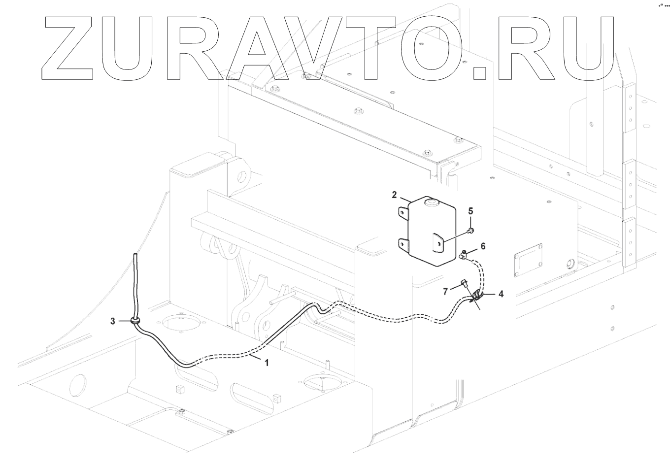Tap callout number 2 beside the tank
click(394, 195)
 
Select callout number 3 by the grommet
click(113, 321)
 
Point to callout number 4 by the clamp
click(501, 295)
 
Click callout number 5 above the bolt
click(470, 211)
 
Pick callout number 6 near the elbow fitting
click(483, 246)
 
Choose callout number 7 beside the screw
click(445, 291)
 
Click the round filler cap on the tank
click(432, 201)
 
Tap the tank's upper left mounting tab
click(403, 212)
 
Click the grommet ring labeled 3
click(134, 321)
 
